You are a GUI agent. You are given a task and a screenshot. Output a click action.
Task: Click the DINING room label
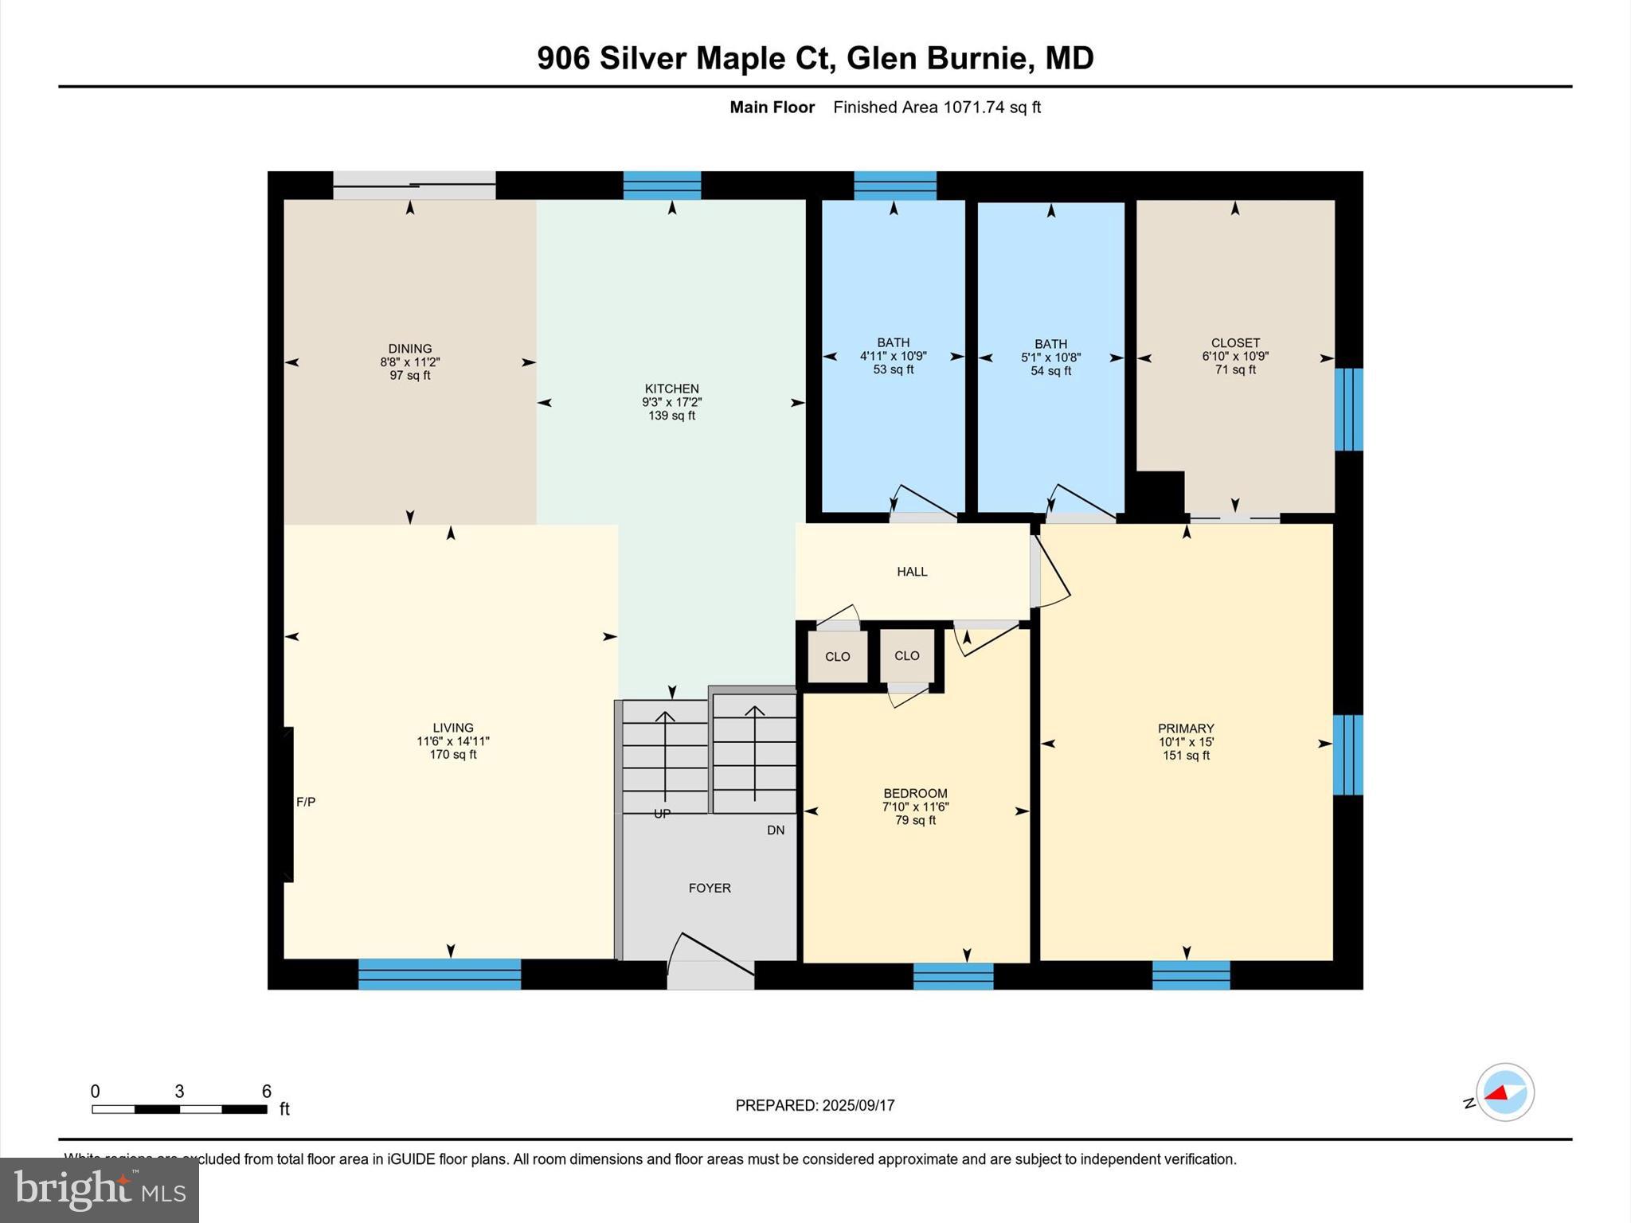coord(409,349)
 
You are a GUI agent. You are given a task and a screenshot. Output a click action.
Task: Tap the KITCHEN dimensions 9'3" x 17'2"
coord(671,402)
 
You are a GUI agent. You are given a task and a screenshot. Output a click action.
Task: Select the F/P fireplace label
coord(306,802)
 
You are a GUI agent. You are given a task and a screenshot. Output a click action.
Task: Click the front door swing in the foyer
coord(710,955)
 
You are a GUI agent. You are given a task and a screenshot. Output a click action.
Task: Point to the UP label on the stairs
coord(662,813)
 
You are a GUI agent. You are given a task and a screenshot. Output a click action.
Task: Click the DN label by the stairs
coord(775,830)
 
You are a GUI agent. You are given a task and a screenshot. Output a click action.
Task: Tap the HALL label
coord(912,572)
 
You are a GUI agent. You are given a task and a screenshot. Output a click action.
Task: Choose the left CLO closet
coord(837,657)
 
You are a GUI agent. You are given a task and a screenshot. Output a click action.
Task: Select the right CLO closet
coord(906,656)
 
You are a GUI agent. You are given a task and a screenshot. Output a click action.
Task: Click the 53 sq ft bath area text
coord(893,369)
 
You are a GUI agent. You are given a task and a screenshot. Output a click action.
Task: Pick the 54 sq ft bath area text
coord(1050,371)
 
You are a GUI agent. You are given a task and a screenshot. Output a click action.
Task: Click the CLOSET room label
coord(1234,343)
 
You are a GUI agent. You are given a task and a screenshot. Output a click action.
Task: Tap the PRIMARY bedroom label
coord(1186,729)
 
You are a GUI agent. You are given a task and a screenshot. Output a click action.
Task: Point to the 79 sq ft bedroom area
coord(915,820)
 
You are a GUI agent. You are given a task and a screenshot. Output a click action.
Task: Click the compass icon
coord(1504,1092)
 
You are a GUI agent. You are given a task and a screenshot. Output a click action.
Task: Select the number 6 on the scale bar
coord(267,1091)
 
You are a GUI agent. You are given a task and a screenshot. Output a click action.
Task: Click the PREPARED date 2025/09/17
coord(858,1105)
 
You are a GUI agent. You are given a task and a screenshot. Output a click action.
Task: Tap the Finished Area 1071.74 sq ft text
coord(937,107)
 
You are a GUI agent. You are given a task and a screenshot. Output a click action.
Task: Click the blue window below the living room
coord(440,974)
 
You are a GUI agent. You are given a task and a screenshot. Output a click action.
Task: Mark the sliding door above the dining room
coord(414,185)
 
